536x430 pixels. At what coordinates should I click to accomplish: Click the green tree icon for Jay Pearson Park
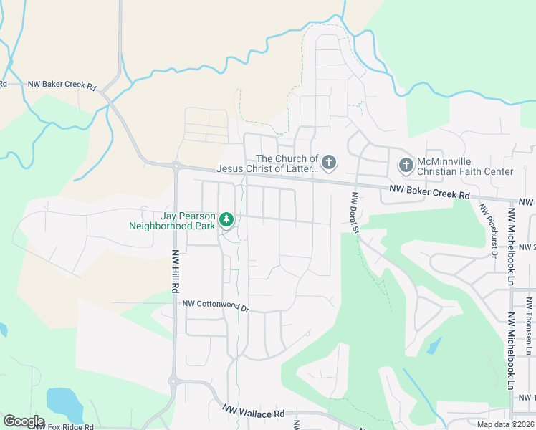click(x=226, y=219)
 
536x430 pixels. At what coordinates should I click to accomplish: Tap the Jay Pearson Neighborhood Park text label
click(x=172, y=221)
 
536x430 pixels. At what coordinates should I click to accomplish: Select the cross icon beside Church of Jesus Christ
click(x=328, y=163)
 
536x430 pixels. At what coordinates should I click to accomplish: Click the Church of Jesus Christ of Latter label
click(x=287, y=163)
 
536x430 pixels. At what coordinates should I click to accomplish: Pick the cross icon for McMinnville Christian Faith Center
click(x=405, y=166)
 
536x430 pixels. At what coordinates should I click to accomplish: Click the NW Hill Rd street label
click(x=174, y=270)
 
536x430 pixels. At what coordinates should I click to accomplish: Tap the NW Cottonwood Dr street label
click(x=215, y=304)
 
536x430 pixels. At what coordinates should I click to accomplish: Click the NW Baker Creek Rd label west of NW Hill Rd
click(x=62, y=85)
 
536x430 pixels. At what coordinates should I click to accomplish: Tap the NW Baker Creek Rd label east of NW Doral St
click(x=429, y=193)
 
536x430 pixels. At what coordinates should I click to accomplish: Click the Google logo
click(x=24, y=421)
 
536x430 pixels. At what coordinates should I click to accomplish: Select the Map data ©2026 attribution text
click(x=505, y=424)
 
